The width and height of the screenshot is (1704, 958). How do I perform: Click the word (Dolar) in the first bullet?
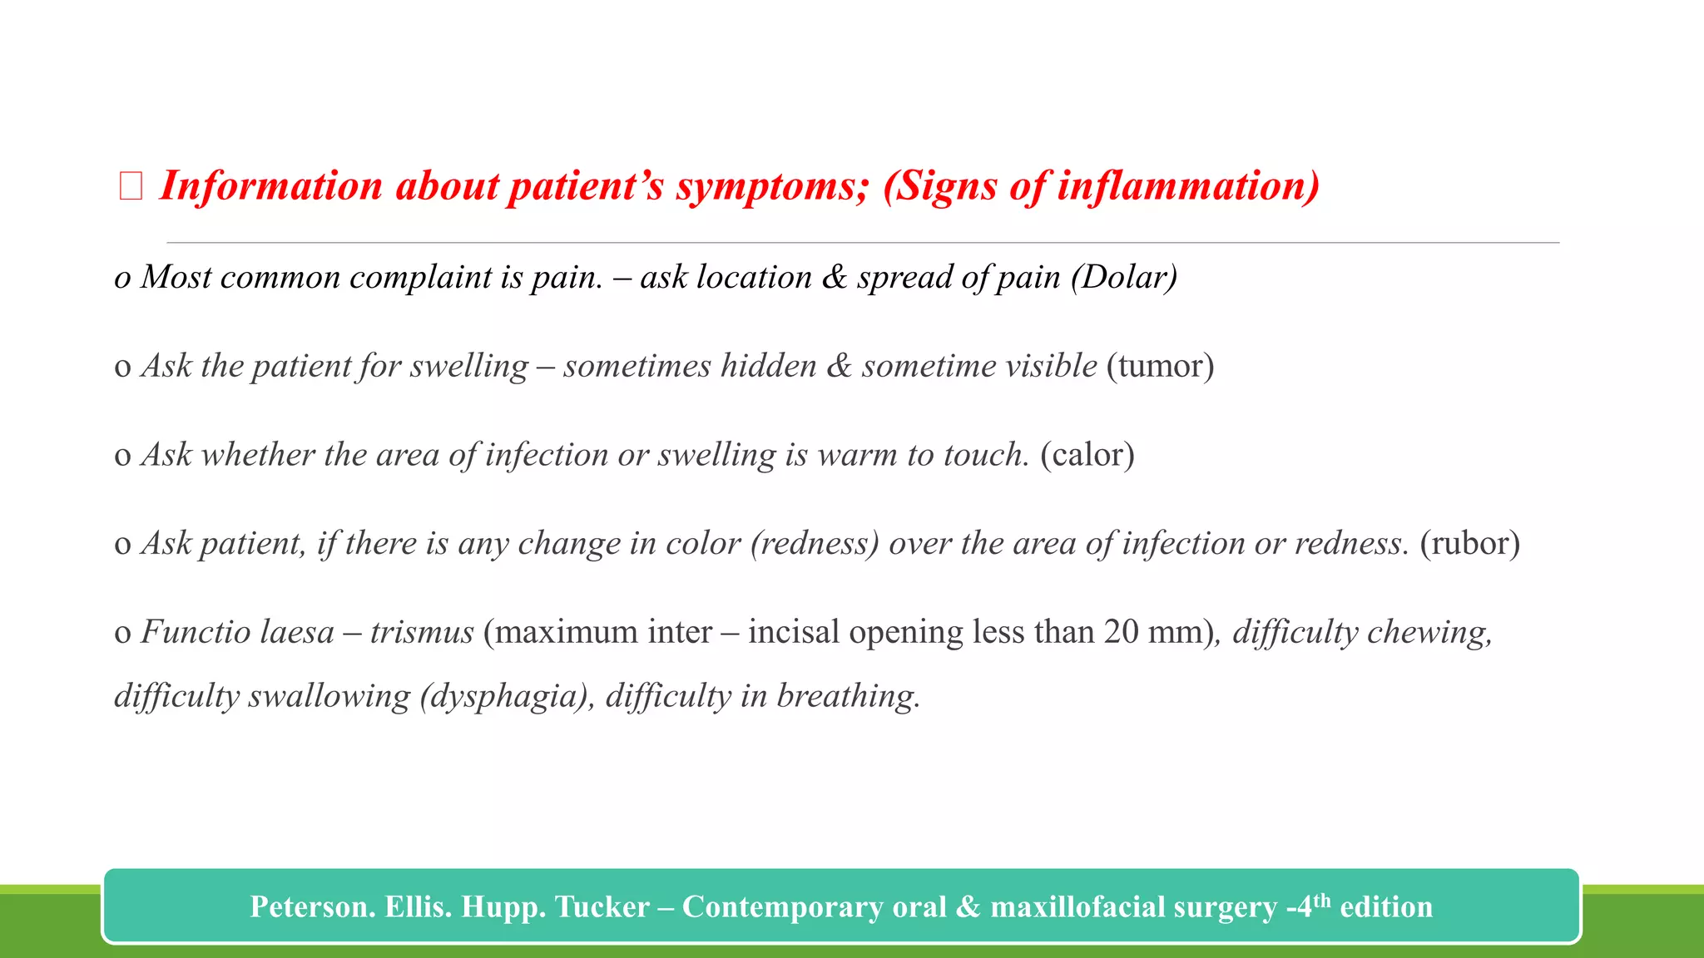pos(1124,278)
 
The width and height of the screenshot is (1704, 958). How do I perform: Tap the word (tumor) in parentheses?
pos(1160,367)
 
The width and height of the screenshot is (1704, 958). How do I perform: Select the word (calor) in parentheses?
pos(1087,456)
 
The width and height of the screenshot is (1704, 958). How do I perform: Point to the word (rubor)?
pos(1469,544)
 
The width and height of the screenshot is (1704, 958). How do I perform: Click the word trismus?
pos(422,633)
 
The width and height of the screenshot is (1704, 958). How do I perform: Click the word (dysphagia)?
pos(504,697)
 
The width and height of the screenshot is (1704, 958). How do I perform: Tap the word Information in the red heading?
pos(271,185)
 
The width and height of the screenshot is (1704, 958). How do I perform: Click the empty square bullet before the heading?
pos(131,186)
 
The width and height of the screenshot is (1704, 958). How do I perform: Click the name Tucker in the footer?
pos(602,906)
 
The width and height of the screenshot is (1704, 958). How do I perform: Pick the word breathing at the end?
pos(848,697)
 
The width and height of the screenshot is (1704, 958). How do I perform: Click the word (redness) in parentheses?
pos(815,544)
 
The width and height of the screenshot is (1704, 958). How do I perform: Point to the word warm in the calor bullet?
pos(857,456)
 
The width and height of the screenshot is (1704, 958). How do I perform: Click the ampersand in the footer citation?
pos(968,906)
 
